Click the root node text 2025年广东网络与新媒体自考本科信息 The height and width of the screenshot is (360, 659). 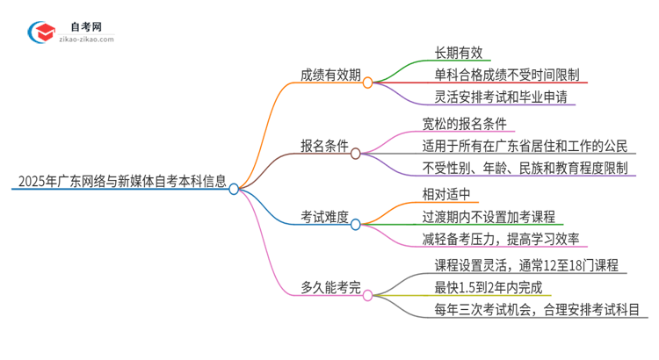pos(119,183)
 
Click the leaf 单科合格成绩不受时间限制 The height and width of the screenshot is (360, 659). pos(506,76)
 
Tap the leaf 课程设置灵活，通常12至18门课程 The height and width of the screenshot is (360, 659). pos(526,263)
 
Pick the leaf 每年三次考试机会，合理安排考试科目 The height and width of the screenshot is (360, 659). pos(536,309)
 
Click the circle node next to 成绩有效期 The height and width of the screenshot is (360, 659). pos(367,83)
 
